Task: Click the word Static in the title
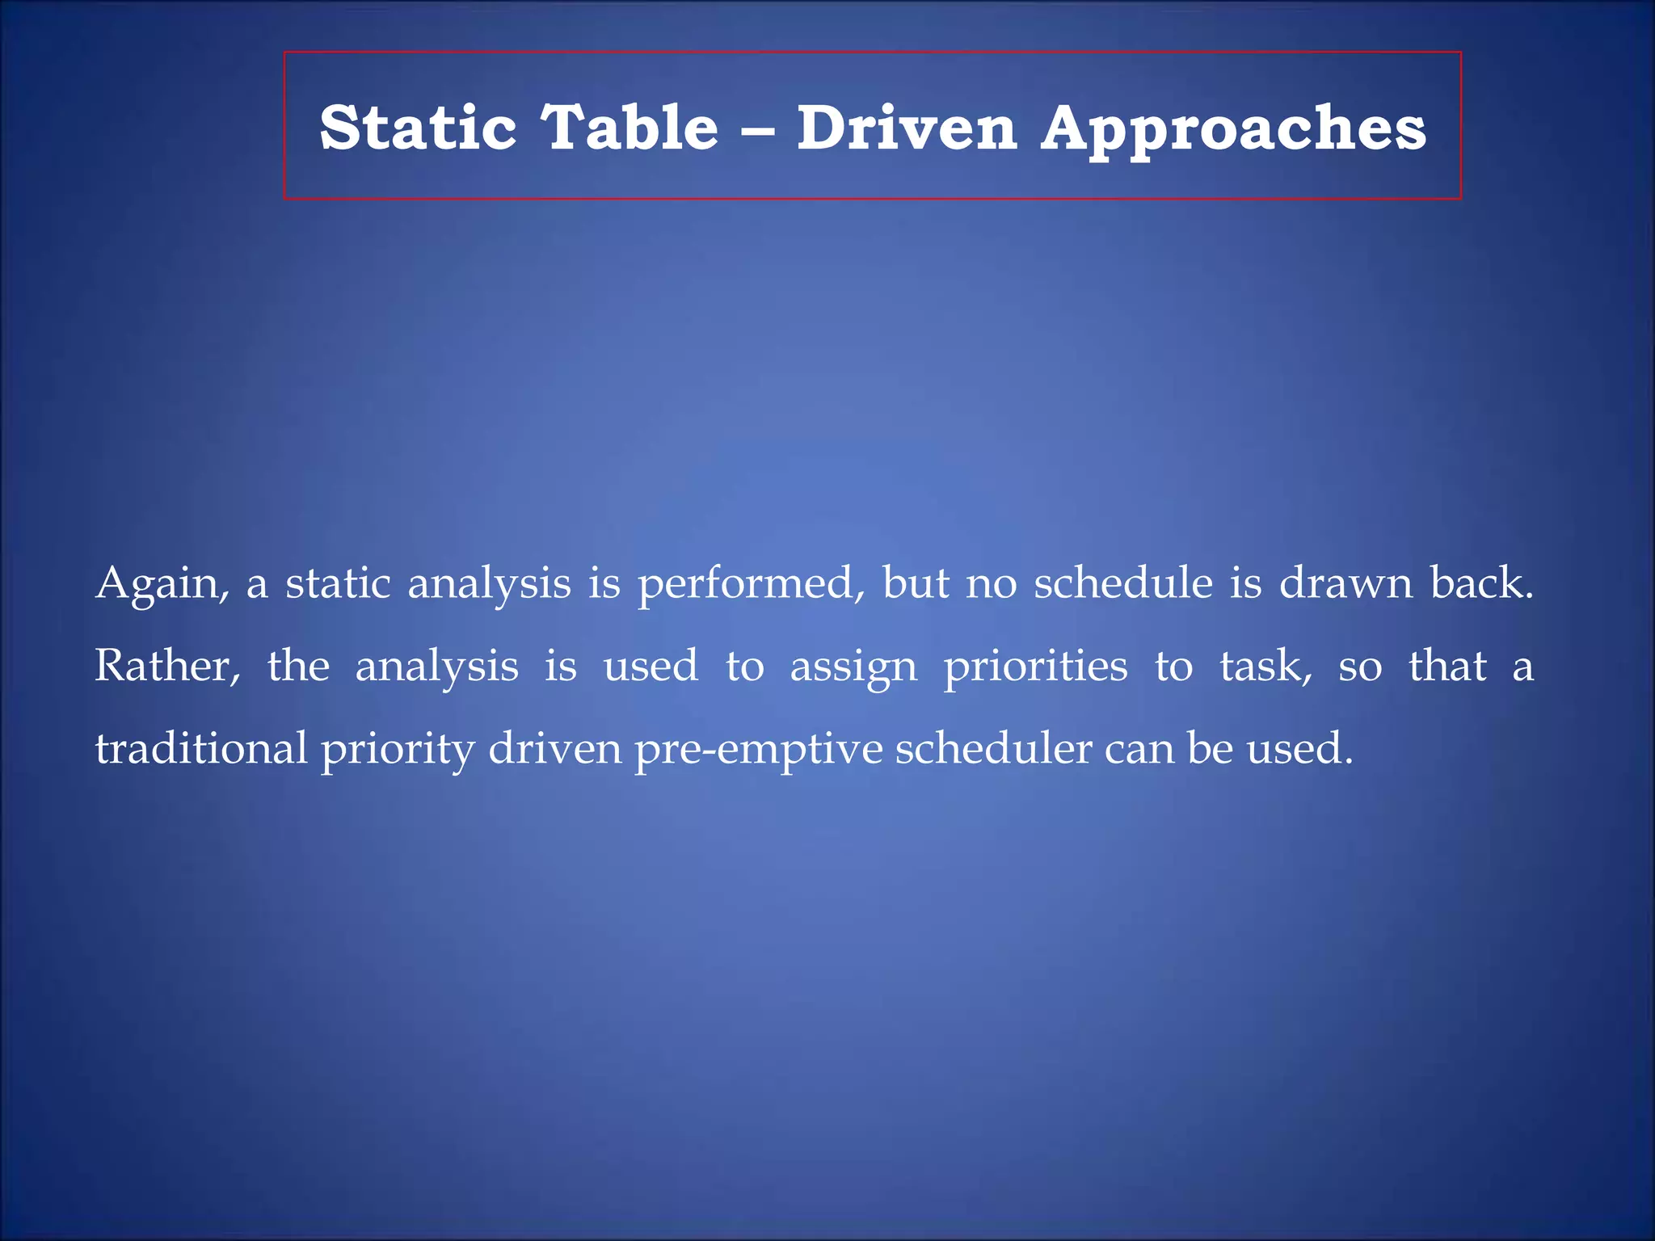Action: pyautogui.click(x=418, y=128)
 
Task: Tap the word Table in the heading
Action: pyautogui.click(x=630, y=128)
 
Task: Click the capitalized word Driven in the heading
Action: pyautogui.click(x=907, y=128)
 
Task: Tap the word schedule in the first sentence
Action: pyautogui.click(x=1123, y=583)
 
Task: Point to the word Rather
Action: pyautogui.click(x=167, y=667)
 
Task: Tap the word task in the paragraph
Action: pyautogui.click(x=1265, y=667)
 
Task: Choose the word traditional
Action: pyautogui.click(x=201, y=748)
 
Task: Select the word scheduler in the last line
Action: pyautogui.click(x=993, y=748)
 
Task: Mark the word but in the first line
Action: pyautogui.click(x=915, y=583)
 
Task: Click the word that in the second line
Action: pyautogui.click(x=1447, y=667)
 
